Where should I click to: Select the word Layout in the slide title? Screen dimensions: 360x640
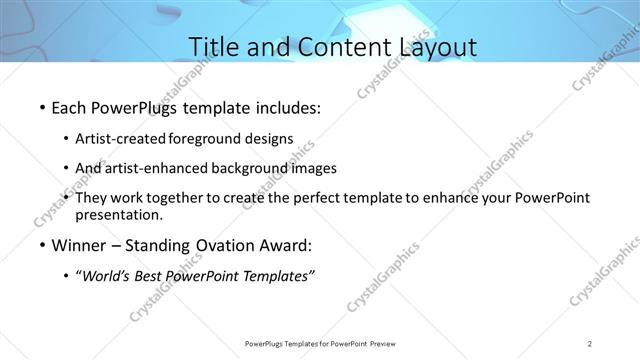(x=432, y=47)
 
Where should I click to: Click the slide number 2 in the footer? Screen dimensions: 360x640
(x=590, y=343)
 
